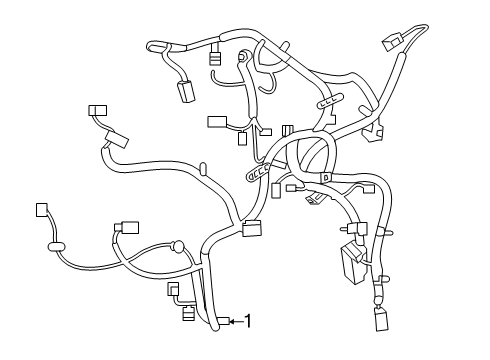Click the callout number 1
click(x=247, y=321)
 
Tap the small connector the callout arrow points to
click(x=224, y=321)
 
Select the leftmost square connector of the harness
click(x=41, y=210)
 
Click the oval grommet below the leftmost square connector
click(x=55, y=243)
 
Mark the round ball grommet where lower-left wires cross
click(x=177, y=244)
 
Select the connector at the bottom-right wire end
click(x=381, y=320)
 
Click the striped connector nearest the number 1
click(x=189, y=320)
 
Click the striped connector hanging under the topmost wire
click(x=215, y=57)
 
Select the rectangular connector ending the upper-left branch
click(x=97, y=111)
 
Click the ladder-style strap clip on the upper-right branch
click(x=328, y=104)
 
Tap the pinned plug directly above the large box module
click(x=357, y=229)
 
